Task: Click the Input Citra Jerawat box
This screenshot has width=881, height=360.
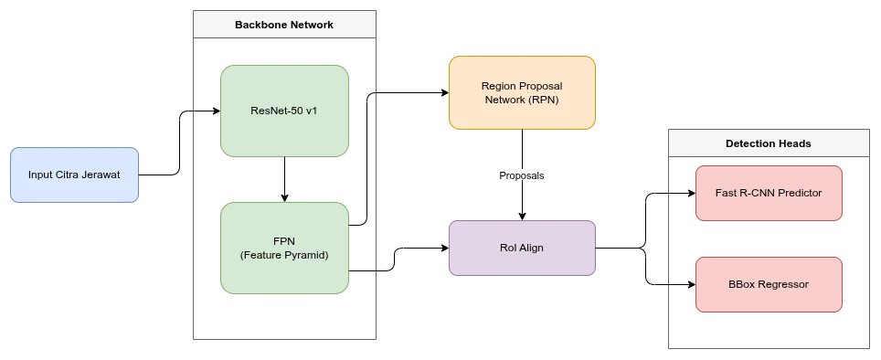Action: click(x=73, y=175)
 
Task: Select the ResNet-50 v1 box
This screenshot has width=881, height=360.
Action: click(x=284, y=111)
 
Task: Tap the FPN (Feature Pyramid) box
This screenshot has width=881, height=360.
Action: click(x=284, y=248)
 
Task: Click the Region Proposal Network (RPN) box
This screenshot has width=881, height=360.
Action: click(x=521, y=92)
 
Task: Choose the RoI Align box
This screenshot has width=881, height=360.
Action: click(x=521, y=248)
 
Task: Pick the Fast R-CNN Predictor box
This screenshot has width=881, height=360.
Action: click(x=768, y=193)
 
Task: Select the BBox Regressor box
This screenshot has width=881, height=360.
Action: click(x=768, y=284)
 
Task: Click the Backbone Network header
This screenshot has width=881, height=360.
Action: click(x=284, y=25)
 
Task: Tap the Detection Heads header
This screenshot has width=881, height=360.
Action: click(x=768, y=143)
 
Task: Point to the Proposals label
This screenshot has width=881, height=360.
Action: click(x=521, y=175)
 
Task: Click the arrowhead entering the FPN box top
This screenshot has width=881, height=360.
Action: click(x=285, y=198)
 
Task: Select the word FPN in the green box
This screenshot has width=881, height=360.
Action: click(x=284, y=241)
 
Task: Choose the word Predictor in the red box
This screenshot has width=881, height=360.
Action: click(x=797, y=193)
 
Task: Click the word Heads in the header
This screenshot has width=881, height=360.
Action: click(x=794, y=143)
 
